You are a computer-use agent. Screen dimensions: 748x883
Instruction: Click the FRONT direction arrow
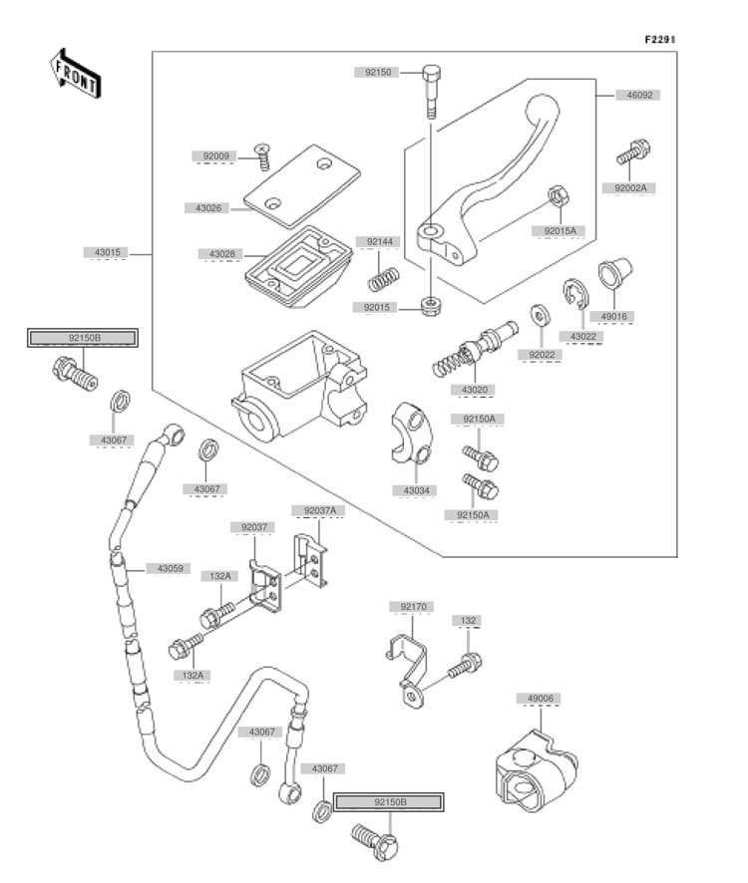[74, 74]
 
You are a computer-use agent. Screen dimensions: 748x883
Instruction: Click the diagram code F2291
[660, 40]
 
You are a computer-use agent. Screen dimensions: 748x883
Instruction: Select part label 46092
[639, 95]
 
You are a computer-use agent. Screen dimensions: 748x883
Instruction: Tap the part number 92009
[215, 156]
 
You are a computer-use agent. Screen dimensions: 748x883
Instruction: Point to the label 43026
[208, 208]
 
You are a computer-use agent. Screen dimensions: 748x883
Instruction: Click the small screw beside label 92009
[262, 156]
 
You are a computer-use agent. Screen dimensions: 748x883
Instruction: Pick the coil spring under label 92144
[384, 279]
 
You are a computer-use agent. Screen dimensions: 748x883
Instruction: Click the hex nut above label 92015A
[559, 196]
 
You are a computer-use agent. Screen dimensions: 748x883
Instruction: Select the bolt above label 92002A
[633, 151]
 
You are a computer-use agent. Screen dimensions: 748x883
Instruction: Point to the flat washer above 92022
[540, 315]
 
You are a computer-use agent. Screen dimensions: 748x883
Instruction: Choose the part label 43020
[474, 390]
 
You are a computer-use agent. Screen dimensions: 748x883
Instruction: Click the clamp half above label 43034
[411, 434]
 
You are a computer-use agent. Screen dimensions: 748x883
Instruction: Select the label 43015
[107, 252]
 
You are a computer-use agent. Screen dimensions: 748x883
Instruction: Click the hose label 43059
[170, 568]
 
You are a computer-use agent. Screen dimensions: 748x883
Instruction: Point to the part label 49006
[540, 699]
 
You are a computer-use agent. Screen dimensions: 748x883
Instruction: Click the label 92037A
[319, 511]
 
